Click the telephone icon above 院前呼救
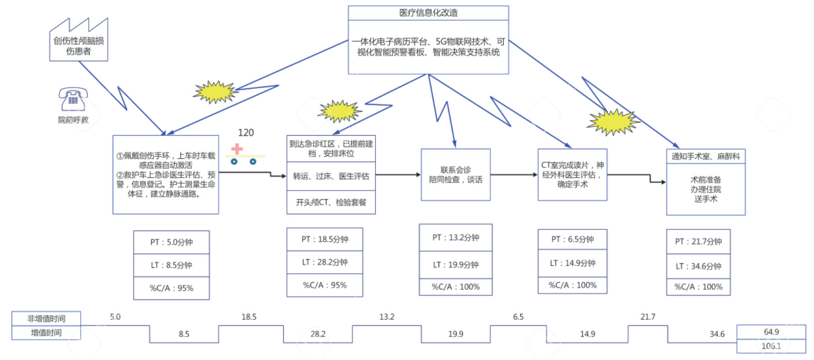tap(73, 99)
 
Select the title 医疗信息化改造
tap(428, 13)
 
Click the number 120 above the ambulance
tap(246, 133)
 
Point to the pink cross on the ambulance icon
tap(237, 149)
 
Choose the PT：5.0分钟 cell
tap(171, 242)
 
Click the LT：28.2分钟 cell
tap(325, 262)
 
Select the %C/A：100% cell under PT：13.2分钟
tap(456, 286)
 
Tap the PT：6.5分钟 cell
tap(573, 239)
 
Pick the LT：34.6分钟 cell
tap(699, 266)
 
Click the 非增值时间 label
tap(46, 319)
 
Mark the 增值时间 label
tap(46, 333)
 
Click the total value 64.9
tap(771, 332)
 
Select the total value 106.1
tap(771, 346)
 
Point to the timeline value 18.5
tap(249, 317)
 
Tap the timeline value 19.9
tap(456, 334)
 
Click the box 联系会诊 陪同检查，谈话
tap(456, 175)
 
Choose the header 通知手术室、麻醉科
tap(706, 156)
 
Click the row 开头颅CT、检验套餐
tap(331, 202)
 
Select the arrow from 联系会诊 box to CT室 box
tap(514, 175)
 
